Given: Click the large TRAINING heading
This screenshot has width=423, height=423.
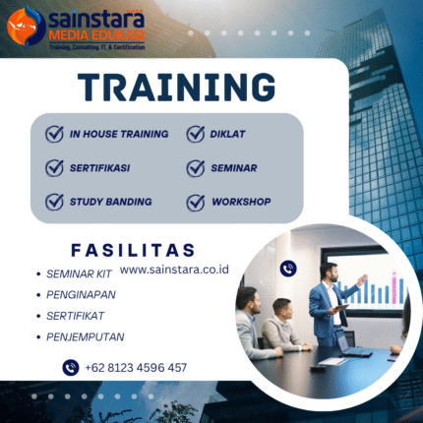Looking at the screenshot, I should click(176, 88).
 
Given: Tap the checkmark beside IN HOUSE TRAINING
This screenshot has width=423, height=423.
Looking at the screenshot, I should click(54, 134).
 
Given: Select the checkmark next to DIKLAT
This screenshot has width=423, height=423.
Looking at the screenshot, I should click(195, 134).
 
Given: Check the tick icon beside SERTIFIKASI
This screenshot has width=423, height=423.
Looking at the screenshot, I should click(54, 167).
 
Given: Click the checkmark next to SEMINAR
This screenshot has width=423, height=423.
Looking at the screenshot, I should click(195, 168).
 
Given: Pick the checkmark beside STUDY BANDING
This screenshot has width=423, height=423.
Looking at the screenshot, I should click(54, 202).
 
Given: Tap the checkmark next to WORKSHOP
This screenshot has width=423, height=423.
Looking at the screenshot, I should click(195, 202).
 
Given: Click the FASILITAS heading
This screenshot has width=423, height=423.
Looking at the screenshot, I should click(133, 250).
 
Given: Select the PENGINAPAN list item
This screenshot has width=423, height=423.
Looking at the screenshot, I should click(82, 294).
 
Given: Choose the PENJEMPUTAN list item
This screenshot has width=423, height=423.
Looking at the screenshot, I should click(86, 336).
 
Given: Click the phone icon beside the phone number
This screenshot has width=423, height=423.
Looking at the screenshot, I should click(70, 368).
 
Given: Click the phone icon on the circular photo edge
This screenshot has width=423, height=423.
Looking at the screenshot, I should click(288, 268).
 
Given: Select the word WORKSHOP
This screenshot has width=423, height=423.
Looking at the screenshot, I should click(242, 202).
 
